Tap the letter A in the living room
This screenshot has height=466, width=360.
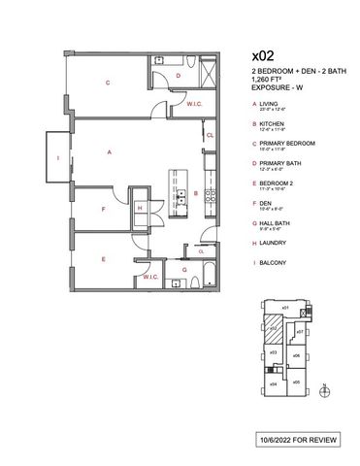pyautogui.click(x=111, y=152)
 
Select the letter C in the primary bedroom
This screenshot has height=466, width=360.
pyautogui.click(x=108, y=83)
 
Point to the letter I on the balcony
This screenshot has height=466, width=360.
pyautogui.click(x=57, y=156)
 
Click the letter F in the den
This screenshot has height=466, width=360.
pyautogui.click(x=104, y=208)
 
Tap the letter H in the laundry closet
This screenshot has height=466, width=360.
pyautogui.click(x=142, y=207)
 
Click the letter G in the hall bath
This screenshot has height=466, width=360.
pyautogui.click(x=183, y=269)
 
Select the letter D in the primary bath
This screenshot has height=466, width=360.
pyautogui.click(x=178, y=75)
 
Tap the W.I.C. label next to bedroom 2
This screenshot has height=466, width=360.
pyautogui.click(x=149, y=276)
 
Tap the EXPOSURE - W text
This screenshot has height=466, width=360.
pyautogui.click(x=278, y=87)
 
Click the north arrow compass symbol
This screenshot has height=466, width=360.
pyautogui.click(x=325, y=391)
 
